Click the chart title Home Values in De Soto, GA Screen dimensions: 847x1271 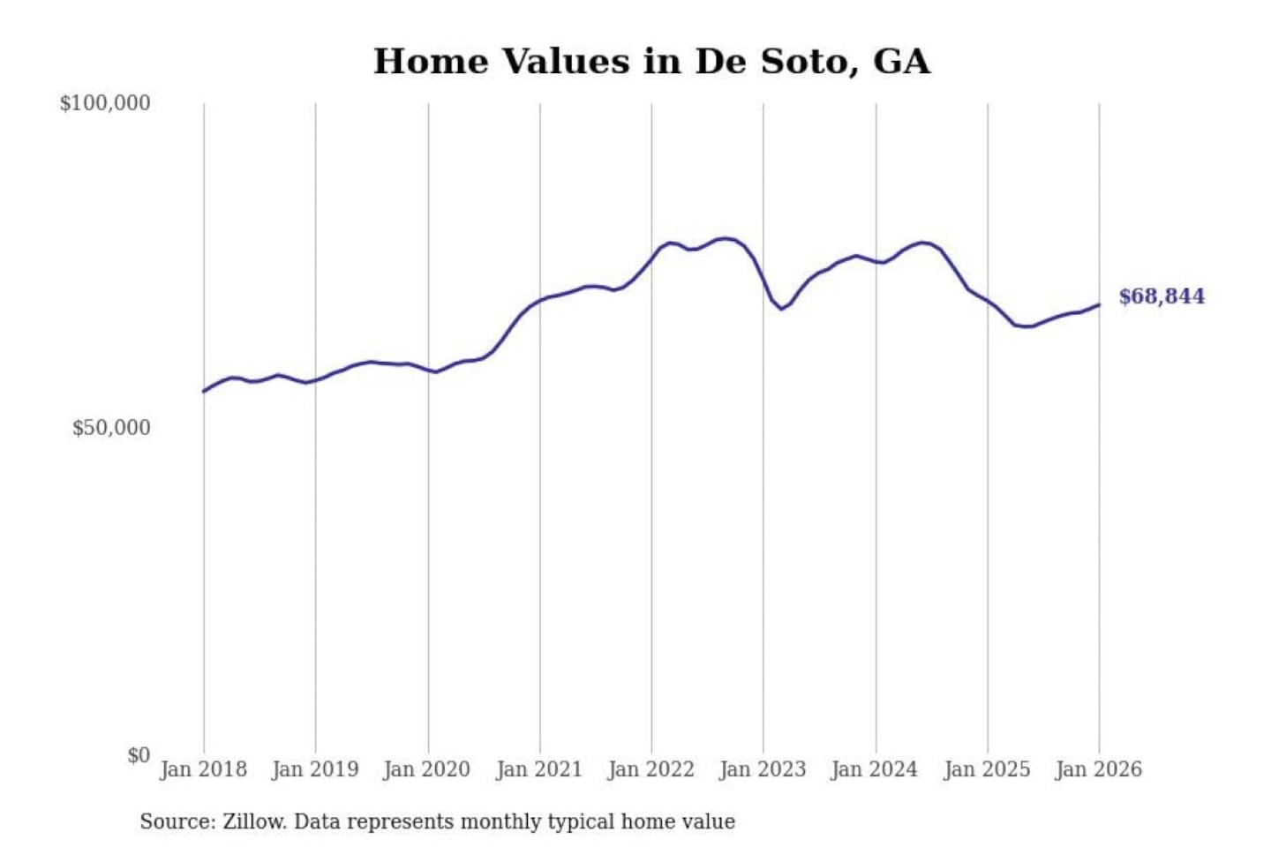point(651,62)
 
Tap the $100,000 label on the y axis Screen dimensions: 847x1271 point(105,103)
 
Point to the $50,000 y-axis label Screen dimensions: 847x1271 point(111,428)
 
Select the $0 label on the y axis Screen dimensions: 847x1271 point(139,755)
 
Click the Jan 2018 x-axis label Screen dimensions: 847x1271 point(204,769)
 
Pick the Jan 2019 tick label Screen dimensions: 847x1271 point(315,769)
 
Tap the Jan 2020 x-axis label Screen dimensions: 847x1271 point(427,769)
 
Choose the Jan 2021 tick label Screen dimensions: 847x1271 point(539,769)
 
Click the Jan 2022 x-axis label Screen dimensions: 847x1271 point(651,769)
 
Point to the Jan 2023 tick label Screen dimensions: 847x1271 point(763,769)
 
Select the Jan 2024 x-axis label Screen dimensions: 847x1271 point(875,769)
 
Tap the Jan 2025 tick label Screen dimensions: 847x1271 point(987,769)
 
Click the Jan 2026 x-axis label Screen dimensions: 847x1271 point(1099,769)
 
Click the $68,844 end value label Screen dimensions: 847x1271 point(1162,296)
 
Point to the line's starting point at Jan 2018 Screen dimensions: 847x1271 point(204,392)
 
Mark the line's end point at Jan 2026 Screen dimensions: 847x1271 point(1099,304)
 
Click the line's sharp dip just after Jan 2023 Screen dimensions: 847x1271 point(781,309)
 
